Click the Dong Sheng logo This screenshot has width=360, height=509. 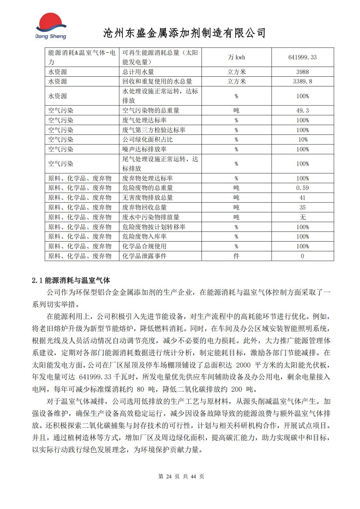pyautogui.click(x=51, y=26)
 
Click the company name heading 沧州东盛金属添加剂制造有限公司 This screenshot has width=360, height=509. pyautogui.click(x=184, y=33)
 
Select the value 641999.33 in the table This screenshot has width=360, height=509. pyautogui.click(x=302, y=57)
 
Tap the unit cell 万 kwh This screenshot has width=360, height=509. pyautogui.click(x=236, y=57)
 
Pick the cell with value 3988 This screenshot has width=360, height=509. pyautogui.click(x=302, y=72)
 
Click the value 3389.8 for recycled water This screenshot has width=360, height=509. pyautogui.click(x=302, y=81)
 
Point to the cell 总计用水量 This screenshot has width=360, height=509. pyautogui.click(x=138, y=72)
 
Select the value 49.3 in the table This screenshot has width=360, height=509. pyautogui.click(x=302, y=110)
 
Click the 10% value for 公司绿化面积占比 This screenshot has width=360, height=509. pyautogui.click(x=302, y=139)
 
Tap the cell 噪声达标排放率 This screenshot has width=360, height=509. pyautogui.click(x=144, y=149)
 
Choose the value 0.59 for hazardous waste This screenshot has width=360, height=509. pyautogui.click(x=302, y=188)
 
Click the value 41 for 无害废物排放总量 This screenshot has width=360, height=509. pyautogui.click(x=302, y=198)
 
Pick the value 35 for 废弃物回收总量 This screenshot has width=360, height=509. pyautogui.click(x=302, y=207)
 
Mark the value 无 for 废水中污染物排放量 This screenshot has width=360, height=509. pyautogui.click(x=302, y=217)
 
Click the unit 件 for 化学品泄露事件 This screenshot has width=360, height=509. pyautogui.click(x=236, y=256)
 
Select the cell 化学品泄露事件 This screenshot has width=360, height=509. pyautogui.click(x=144, y=256)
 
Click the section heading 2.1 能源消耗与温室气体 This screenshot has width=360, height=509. pyautogui.click(x=71, y=280)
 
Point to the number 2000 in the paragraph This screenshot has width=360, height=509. pyautogui.click(x=243, y=365)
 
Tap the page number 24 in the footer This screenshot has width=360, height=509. pyautogui.click(x=169, y=476)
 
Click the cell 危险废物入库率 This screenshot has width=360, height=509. pyautogui.click(x=144, y=236)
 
